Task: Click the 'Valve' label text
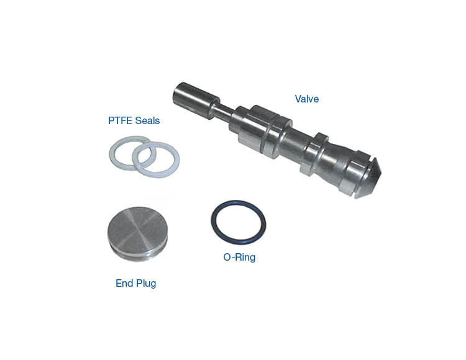307,99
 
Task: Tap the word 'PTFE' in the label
120,120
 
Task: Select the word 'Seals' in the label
147,120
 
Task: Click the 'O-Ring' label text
239,257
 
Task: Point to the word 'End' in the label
124,283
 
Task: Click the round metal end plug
137,234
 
